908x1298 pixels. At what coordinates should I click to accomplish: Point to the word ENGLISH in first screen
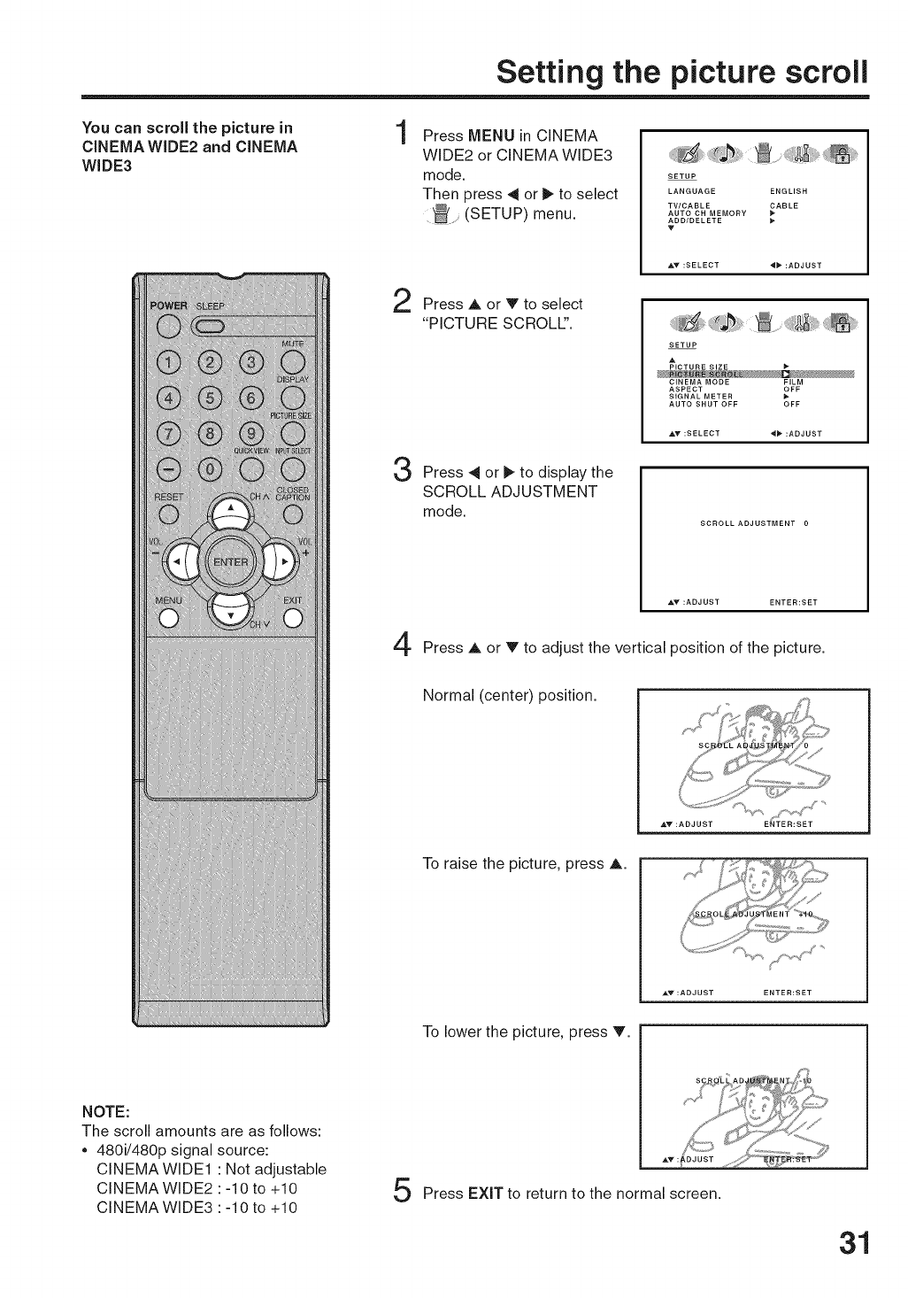[789, 191]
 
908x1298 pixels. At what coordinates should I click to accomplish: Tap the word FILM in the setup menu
[793, 382]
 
